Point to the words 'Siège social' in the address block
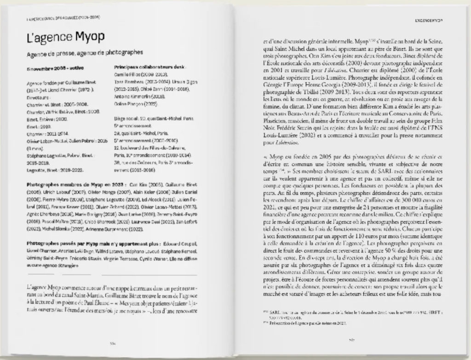click(125, 118)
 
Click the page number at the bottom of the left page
click(112, 343)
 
